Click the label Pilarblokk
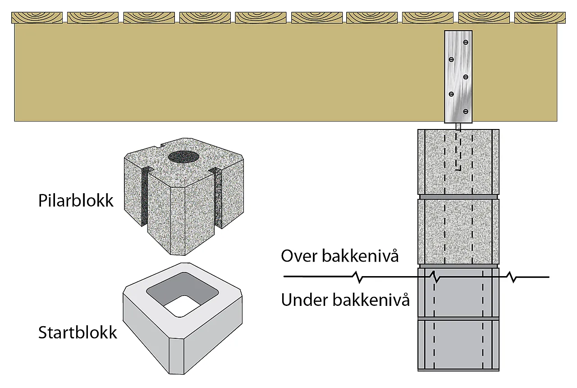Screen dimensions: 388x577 [x=76, y=200]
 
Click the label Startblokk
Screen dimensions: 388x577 [x=78, y=333]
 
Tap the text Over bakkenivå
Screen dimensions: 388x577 [x=340, y=256]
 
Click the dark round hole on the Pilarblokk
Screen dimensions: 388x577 [x=184, y=157]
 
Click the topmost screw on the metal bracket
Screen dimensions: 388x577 [x=466, y=42]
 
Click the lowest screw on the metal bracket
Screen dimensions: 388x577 [x=466, y=111]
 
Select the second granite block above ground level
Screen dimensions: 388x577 [x=458, y=231]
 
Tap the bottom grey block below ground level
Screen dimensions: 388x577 [x=458, y=344]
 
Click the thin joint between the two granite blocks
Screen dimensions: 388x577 [x=458, y=197]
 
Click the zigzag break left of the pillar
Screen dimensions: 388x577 [x=361, y=277]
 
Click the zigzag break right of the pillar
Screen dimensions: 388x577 [x=513, y=277]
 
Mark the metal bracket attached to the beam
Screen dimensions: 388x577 [x=458, y=77]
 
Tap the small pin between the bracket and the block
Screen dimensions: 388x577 [x=458, y=126]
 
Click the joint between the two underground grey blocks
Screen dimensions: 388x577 [x=458, y=318]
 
